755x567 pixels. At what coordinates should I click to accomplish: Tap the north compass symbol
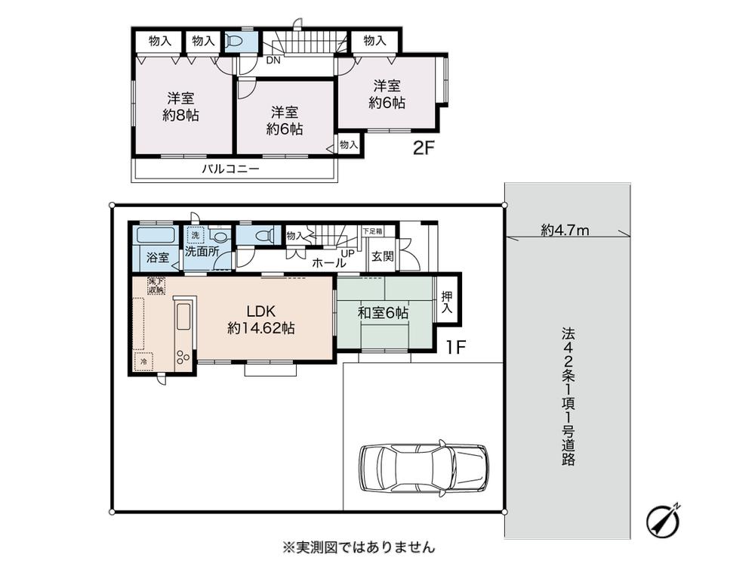coord(664,519)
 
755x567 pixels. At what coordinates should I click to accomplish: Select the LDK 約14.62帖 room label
coord(261,320)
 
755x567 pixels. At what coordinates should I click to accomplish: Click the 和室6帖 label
coord(383,311)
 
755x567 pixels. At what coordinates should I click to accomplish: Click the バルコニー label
coord(230,169)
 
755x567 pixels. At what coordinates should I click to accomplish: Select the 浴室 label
coord(158,257)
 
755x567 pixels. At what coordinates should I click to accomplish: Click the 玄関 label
coord(382,256)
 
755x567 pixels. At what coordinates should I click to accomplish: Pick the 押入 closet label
coord(447,304)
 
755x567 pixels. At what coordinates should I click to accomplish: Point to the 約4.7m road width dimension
coord(565,231)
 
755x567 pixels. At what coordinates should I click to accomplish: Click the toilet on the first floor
coord(260,236)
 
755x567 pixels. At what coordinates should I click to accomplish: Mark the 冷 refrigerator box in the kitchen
coord(143,362)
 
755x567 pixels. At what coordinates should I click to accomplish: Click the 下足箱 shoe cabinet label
coord(372,231)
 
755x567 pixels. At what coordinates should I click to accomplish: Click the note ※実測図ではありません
coord(358,545)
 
